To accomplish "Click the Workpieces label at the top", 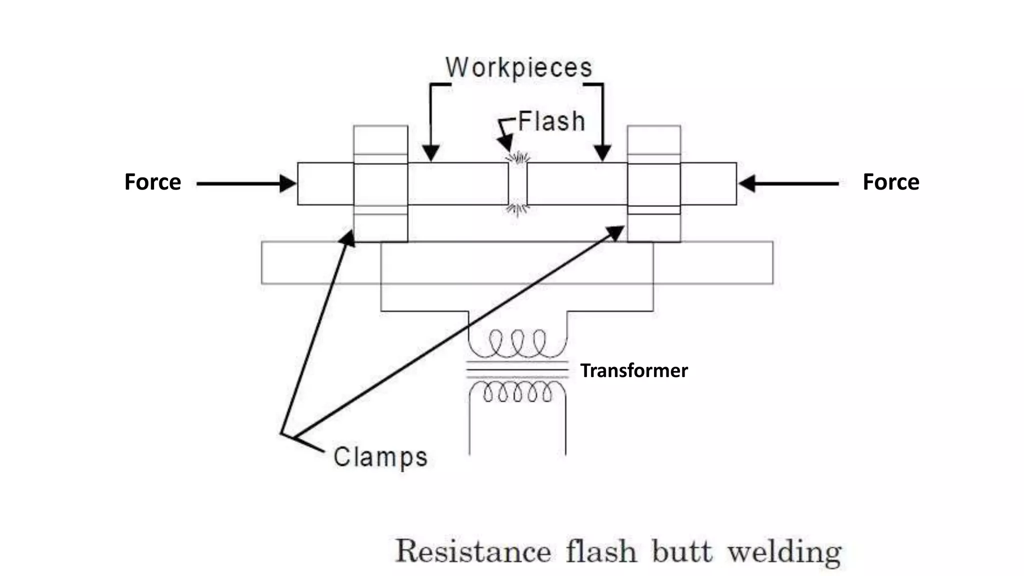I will click(518, 67).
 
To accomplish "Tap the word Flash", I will click(551, 121).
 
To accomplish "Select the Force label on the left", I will click(152, 182).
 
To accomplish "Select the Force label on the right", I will click(890, 182).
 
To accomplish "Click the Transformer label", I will click(633, 370).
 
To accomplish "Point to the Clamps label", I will click(380, 457).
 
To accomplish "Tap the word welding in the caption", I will click(784, 552).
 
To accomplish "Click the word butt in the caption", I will click(681, 552).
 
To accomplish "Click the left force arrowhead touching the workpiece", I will click(288, 183).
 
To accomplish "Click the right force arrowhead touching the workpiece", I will click(746, 183).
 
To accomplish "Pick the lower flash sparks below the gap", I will click(517, 208).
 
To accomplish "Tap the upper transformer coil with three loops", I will click(517, 343).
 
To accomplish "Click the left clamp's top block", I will click(380, 140).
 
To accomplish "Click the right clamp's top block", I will click(653, 140).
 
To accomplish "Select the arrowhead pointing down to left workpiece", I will click(430, 152).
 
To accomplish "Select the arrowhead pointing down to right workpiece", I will click(602, 152).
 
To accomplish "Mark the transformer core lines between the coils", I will click(517, 370).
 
